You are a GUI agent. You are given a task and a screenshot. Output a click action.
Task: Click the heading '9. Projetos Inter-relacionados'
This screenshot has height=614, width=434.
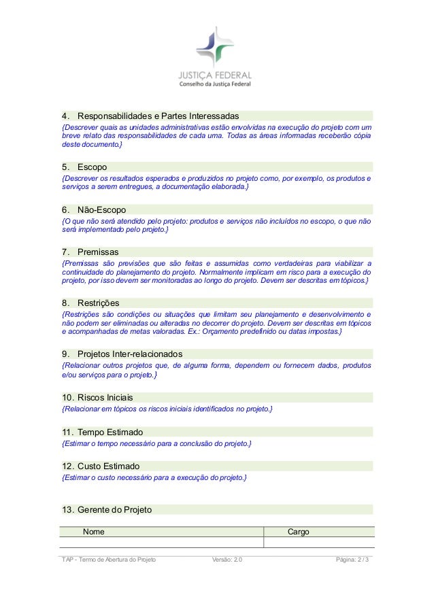[122, 354]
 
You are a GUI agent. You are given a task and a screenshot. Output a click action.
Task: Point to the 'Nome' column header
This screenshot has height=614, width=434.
[94, 531]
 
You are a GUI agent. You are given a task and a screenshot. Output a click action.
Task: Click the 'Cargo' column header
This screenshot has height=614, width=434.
[299, 531]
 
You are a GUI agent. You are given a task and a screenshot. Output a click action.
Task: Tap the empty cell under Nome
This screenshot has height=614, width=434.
[161, 542]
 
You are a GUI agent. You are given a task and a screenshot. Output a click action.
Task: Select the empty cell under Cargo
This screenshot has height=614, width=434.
[318, 542]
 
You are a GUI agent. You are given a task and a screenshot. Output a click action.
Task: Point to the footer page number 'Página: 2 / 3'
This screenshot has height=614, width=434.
[354, 559]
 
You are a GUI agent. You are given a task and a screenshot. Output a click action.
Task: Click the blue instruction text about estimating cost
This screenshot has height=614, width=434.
[154, 478]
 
